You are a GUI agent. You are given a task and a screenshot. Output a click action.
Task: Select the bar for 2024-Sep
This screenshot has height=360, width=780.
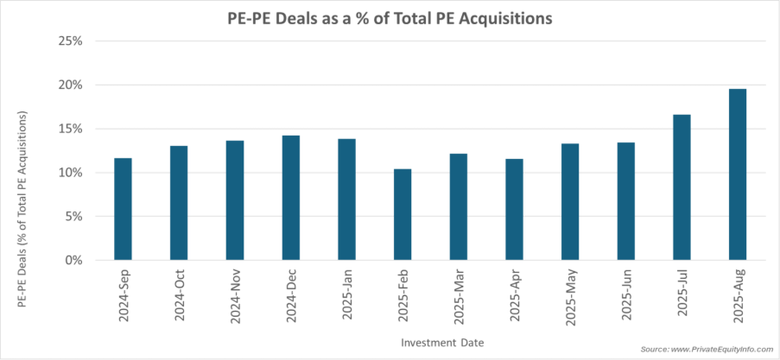(124, 209)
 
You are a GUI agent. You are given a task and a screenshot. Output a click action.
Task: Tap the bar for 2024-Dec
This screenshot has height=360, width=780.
(291, 198)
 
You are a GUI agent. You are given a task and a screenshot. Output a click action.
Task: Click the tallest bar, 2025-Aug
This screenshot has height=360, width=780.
(738, 174)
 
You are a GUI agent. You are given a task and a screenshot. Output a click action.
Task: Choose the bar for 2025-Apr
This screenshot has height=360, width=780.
(514, 210)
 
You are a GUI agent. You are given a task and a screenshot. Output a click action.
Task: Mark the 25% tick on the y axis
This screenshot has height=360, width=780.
(71, 41)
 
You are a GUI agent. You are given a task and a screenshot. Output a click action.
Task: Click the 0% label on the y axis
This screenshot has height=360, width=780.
(73, 260)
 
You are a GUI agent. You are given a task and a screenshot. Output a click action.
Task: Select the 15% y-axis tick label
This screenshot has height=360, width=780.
(71, 129)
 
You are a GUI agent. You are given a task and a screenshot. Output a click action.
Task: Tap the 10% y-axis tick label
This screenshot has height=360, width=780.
(71, 173)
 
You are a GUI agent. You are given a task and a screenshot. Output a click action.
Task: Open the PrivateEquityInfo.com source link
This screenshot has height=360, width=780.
(707, 349)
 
